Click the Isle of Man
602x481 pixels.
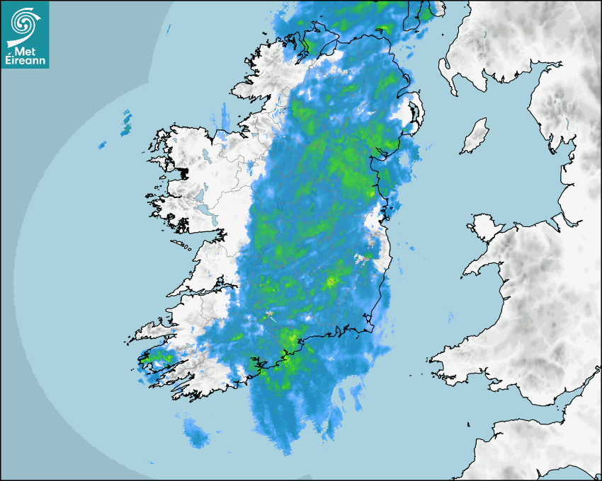coord(474,137)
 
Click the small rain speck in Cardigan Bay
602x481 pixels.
coord(449,314)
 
